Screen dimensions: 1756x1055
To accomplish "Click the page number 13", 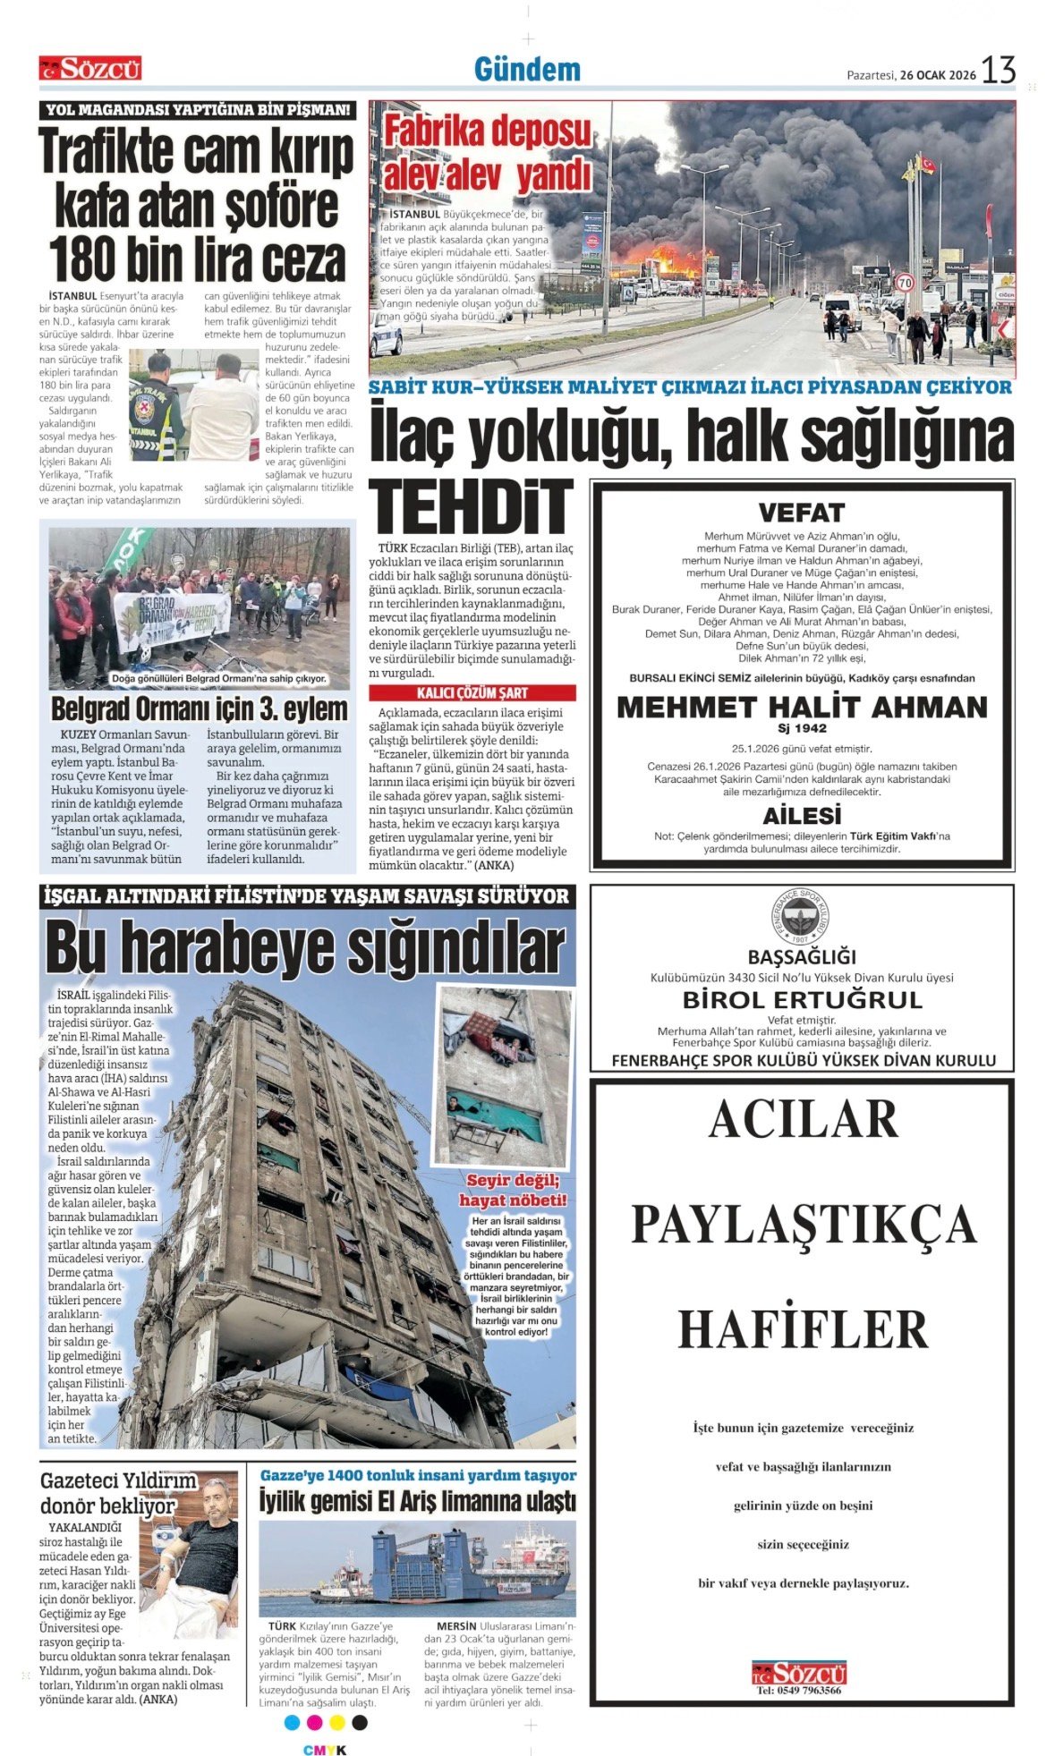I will [999, 70].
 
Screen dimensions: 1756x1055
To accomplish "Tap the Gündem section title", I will [527, 69].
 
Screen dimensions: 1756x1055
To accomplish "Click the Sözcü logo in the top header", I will [89, 68].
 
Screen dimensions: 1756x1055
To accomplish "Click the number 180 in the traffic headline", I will [83, 260].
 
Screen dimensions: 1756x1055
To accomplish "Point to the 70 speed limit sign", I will [905, 283].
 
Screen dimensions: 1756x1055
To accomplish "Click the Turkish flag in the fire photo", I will [928, 165].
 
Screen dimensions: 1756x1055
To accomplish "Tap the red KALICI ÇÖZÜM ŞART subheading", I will [472, 693].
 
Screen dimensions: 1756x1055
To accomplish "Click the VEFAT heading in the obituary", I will [801, 513].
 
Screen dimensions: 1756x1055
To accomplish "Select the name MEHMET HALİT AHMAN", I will [802, 708].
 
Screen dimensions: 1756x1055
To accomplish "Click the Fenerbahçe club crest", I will [801, 917].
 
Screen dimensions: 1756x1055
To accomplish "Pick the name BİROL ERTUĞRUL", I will [802, 999].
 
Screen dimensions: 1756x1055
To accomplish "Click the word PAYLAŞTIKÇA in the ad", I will [803, 1225].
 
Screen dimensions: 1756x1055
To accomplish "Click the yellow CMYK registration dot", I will [337, 1722].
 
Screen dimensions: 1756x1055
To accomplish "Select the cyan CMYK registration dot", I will [292, 1722].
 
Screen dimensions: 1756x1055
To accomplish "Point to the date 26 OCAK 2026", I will [938, 75].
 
